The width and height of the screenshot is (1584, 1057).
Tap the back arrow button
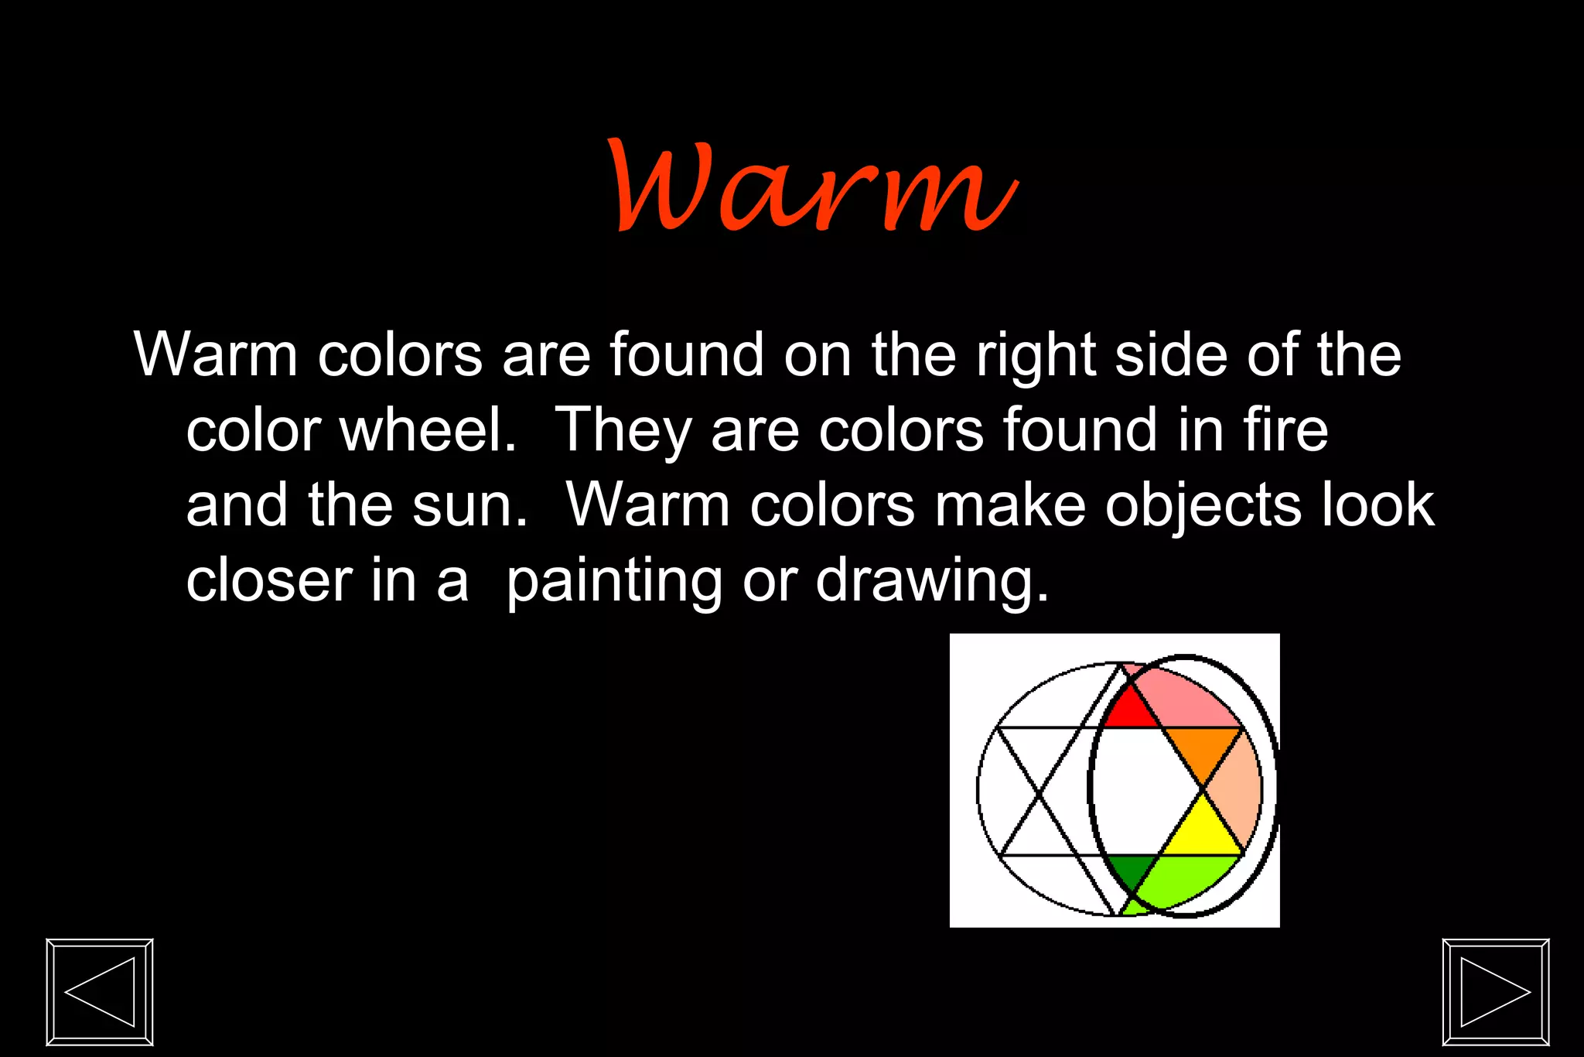(100, 992)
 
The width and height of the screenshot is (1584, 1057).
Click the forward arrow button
(1496, 992)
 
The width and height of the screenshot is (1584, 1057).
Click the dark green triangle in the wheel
(1132, 870)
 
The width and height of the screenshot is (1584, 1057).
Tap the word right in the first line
(1036, 356)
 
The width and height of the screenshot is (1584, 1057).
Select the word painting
(614, 581)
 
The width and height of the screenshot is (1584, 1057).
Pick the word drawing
(932, 581)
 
